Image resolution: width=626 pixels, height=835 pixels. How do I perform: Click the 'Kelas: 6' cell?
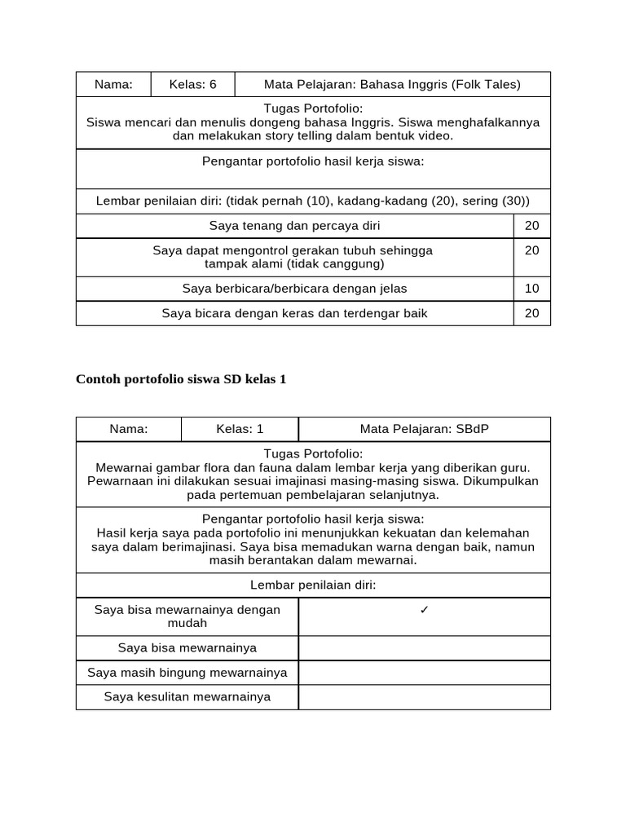coord(193,84)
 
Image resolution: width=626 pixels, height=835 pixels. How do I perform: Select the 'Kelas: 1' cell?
coord(240,429)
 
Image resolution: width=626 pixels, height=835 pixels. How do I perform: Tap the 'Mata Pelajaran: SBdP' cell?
coord(424,429)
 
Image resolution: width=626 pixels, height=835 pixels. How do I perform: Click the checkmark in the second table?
coord(424,610)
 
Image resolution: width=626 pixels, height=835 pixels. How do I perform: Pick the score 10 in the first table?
coord(531,289)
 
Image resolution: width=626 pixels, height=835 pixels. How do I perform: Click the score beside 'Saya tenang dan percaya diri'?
coord(531,226)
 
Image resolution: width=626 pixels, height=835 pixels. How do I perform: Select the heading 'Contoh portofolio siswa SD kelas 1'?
coord(181,379)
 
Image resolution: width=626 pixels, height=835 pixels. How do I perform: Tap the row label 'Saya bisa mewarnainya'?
coord(187,647)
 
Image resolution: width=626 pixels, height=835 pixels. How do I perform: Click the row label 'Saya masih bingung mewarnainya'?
coord(187,673)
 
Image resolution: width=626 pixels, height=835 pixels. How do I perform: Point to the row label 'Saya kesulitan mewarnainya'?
coord(187,697)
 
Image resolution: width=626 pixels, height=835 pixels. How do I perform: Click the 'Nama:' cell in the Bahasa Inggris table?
coord(113,84)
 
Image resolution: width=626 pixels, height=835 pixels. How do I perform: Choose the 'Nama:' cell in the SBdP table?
coord(129,429)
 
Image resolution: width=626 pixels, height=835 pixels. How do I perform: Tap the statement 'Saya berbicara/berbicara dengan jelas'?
coord(294,289)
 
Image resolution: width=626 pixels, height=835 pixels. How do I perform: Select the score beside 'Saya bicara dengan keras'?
coord(531,313)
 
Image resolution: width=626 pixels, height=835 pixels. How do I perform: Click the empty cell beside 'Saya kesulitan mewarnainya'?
coord(424,697)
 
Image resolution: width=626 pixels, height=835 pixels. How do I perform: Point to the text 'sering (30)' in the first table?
coord(497,201)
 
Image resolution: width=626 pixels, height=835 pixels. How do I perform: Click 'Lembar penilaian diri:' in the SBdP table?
coord(313,585)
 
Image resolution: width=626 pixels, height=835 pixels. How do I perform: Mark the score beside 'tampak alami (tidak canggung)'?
coord(531,251)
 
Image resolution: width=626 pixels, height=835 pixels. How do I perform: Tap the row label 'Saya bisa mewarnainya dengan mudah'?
coord(187,616)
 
